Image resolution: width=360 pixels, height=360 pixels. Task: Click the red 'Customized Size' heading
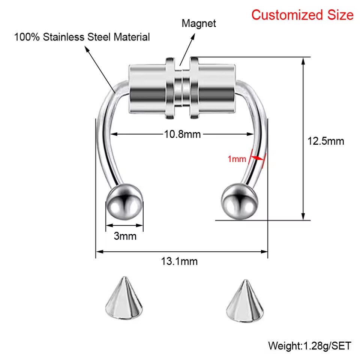point(302,15)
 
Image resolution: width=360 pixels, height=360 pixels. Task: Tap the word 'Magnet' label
point(199,23)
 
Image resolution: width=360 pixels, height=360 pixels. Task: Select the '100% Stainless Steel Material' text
point(82,37)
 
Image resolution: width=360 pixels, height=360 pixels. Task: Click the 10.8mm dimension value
point(182,134)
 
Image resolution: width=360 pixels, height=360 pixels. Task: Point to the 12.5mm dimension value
point(326,141)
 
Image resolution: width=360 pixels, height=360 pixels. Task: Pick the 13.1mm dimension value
point(179,261)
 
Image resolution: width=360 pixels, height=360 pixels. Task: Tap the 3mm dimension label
point(125,236)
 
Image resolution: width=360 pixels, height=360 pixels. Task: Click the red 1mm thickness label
point(237,159)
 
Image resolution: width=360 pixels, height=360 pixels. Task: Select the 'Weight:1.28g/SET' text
point(310,346)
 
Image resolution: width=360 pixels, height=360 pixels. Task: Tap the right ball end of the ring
point(239,202)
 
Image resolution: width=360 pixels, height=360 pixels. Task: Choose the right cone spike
point(245,301)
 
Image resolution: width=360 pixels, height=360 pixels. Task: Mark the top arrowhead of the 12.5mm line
point(303,61)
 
